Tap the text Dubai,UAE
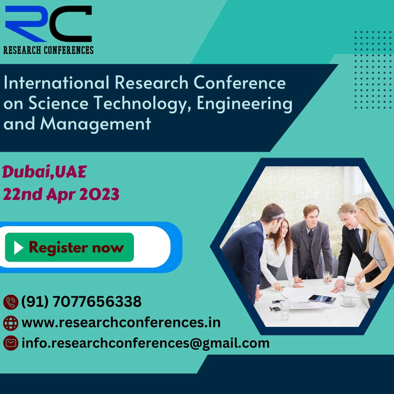(45, 173)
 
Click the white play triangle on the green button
(18, 248)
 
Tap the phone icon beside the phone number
(11, 302)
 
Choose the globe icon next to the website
(11, 323)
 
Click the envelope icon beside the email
(11, 343)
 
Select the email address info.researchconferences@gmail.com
(146, 343)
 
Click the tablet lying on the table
(322, 299)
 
